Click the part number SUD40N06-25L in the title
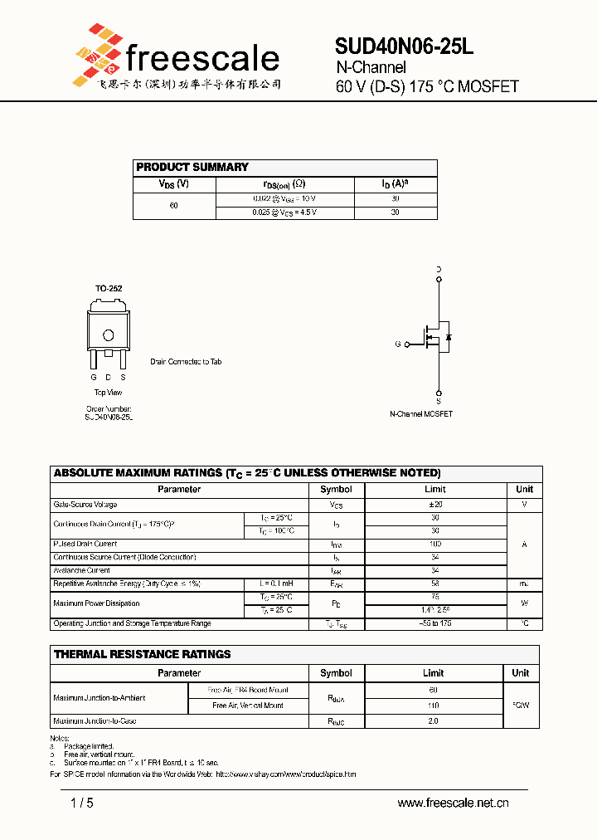tap(404, 47)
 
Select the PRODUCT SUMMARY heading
tap(192, 167)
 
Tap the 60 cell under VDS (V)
tap(174, 205)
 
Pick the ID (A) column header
tap(396, 184)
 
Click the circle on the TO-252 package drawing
tap(108, 335)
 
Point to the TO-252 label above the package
tap(109, 288)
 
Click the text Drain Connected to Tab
tap(186, 362)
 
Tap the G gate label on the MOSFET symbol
tap(398, 344)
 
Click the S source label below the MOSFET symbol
tap(438, 401)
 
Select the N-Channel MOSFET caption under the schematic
tap(421, 413)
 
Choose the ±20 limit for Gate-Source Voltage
tap(435, 505)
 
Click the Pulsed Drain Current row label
tap(85, 545)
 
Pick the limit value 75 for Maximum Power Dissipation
tap(435, 596)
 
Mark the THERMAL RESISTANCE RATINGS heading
tap(143, 654)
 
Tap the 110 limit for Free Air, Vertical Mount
tap(434, 706)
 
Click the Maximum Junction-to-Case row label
tap(95, 721)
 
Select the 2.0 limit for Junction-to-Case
tap(434, 721)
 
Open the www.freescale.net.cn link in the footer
tap(453, 803)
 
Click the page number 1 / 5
tap(82, 803)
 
